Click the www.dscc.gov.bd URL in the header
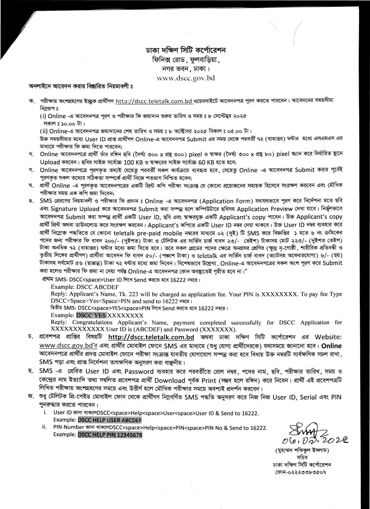[185, 78]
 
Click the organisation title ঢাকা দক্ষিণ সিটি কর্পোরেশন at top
[185, 50]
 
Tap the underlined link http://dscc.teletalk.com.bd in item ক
[154, 101]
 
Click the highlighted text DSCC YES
[91, 315]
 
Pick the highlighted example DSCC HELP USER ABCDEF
[110, 420]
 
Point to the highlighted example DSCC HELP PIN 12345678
[110, 435]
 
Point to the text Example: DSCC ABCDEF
[85, 287]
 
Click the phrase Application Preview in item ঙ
[265, 209]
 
